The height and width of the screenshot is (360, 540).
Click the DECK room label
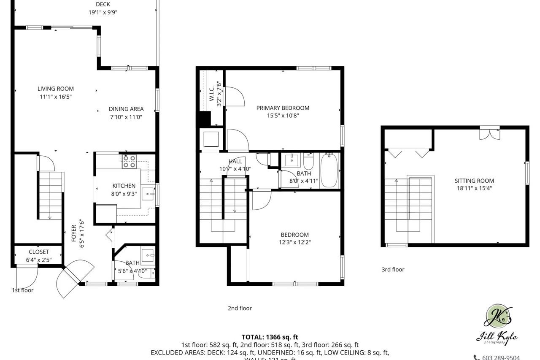(103, 5)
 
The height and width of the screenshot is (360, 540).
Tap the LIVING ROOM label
(55, 89)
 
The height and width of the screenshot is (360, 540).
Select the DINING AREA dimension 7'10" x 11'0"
(126, 117)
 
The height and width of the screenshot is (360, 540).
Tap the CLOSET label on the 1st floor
(39, 252)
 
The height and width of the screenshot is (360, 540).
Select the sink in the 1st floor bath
(148, 254)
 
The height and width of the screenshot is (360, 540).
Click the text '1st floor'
(22, 290)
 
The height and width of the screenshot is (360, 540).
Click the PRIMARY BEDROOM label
(283, 108)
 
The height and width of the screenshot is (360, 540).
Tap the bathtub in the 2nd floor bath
(329, 171)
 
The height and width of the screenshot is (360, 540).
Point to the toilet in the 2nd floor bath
(308, 162)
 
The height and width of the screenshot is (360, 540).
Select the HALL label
(235, 161)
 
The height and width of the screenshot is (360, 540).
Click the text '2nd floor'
(240, 308)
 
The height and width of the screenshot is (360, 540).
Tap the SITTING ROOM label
(474, 181)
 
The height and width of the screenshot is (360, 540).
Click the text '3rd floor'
(392, 269)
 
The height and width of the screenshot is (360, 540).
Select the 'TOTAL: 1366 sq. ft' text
(270, 337)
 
